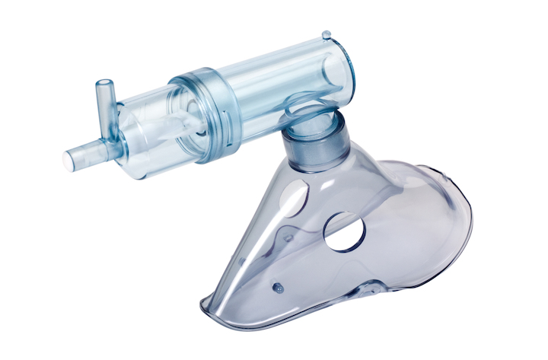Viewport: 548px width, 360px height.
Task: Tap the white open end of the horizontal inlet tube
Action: click(x=68, y=160)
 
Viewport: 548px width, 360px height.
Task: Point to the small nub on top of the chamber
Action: click(x=326, y=35)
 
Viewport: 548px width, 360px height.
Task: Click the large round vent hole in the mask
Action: click(x=345, y=231)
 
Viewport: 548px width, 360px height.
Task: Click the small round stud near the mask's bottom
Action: click(x=278, y=287)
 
